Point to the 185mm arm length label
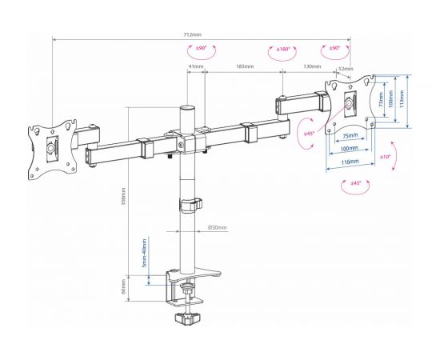pos(244,66)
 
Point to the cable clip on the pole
pos(190,206)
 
